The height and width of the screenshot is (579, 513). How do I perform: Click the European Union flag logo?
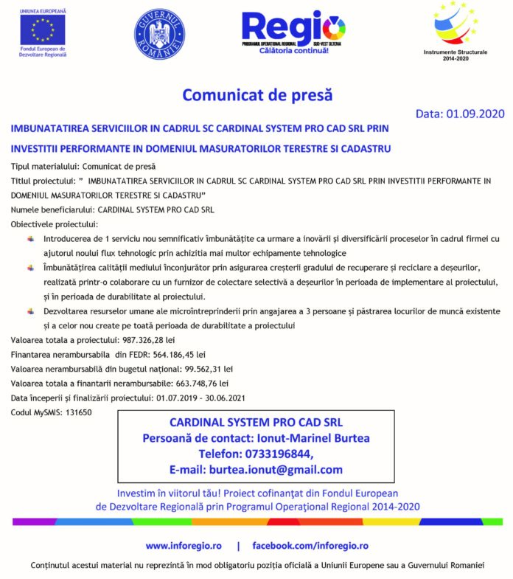(x=43, y=30)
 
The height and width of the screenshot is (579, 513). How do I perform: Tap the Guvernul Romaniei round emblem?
(x=159, y=34)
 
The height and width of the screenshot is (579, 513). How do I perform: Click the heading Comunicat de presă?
(x=257, y=95)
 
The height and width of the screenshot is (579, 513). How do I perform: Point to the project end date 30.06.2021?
(x=219, y=398)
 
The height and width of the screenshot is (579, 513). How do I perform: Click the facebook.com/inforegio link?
(x=310, y=546)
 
